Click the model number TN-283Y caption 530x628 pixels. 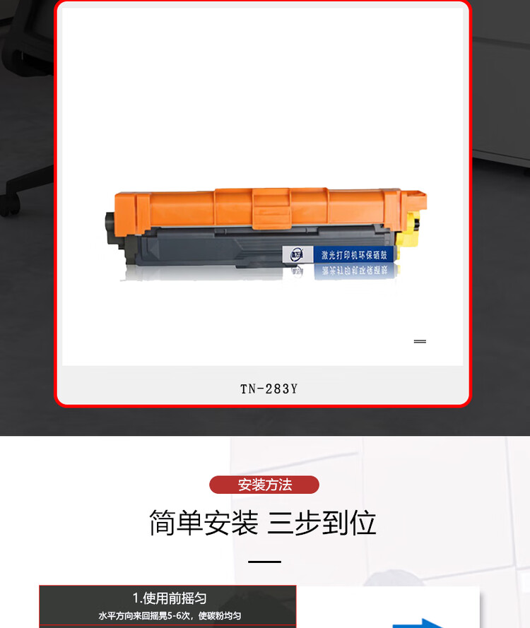(269, 389)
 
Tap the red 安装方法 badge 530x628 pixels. (264, 485)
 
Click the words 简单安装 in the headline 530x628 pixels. (204, 523)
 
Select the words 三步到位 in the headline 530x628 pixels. (322, 523)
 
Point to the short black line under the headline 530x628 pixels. (265, 562)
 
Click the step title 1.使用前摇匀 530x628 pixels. (170, 598)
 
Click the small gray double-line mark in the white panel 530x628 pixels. (420, 341)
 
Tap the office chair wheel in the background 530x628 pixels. (8, 205)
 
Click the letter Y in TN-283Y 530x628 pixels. (293, 389)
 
